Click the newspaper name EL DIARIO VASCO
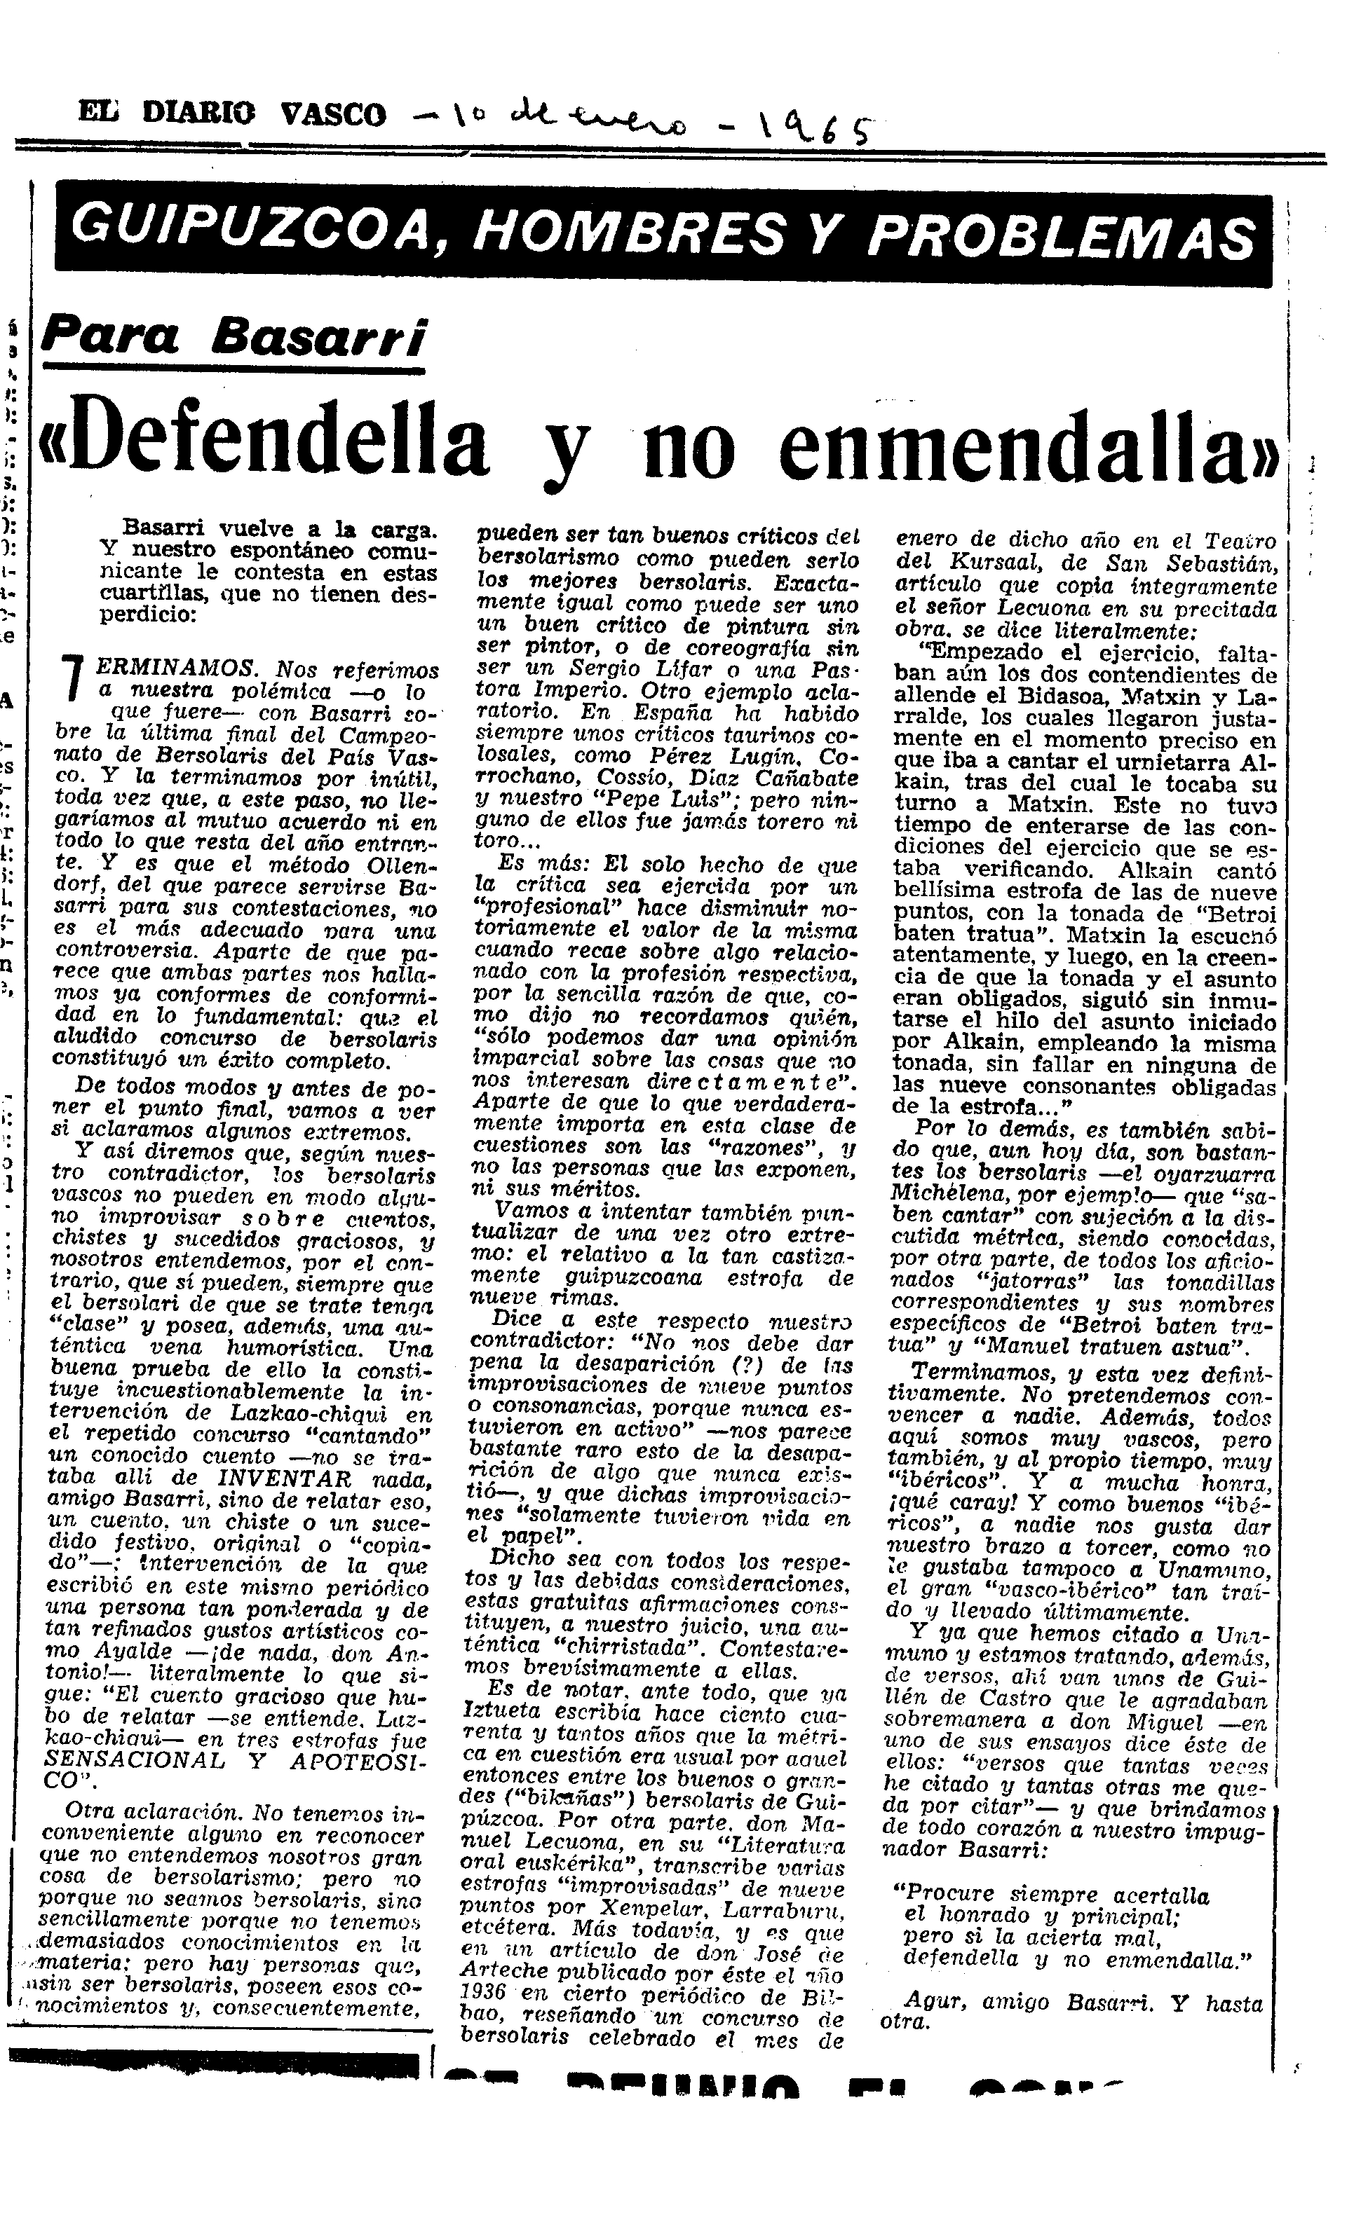click(232, 114)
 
